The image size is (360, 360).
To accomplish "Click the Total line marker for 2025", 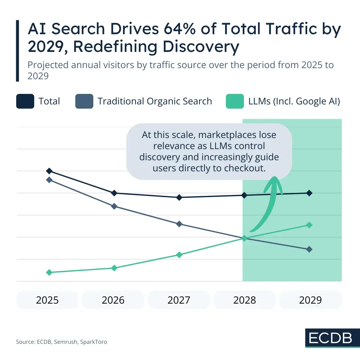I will click(49, 171).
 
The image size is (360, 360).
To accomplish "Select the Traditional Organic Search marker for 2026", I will click(114, 206).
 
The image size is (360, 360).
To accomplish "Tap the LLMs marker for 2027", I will click(179, 255).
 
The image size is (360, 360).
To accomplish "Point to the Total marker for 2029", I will click(309, 193).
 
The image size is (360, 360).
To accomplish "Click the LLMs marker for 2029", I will click(309, 225).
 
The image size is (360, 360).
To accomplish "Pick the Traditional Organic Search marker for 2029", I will click(309, 249).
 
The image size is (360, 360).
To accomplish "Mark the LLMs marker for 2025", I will click(49, 272).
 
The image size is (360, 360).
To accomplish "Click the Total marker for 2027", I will click(179, 197).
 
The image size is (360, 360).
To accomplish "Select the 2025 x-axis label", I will click(47, 300).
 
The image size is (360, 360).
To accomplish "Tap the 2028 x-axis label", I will click(244, 300).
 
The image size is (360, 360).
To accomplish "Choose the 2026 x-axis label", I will click(113, 300).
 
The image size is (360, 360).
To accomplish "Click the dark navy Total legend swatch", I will click(25, 101).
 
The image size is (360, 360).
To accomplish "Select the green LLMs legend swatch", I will click(235, 101).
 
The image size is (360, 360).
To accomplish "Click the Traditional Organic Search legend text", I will click(155, 101).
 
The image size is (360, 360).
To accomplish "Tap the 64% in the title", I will click(179, 29).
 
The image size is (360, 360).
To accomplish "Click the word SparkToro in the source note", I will click(94, 342).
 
